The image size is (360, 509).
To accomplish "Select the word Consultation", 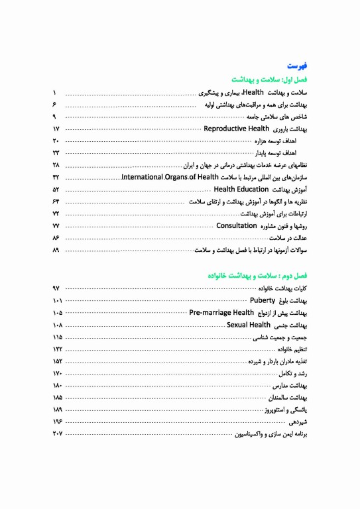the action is (237, 226).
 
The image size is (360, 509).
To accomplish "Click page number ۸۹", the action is (56, 250).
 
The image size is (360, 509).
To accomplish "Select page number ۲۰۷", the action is (57, 434).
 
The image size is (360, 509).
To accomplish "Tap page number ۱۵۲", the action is (57, 361).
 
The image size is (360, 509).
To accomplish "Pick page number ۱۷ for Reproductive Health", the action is (56, 129).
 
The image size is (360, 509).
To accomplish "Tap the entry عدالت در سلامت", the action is (289, 238).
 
